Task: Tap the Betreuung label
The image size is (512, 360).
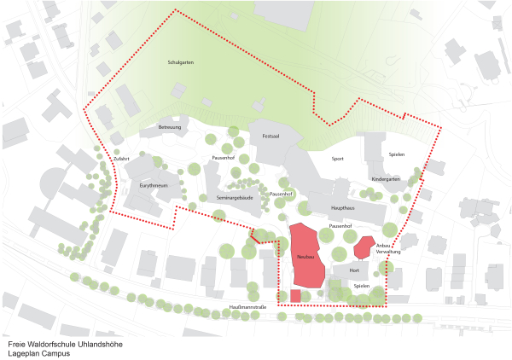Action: pyautogui.click(x=170, y=127)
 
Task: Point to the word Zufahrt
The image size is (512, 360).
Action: pyautogui.click(x=120, y=159)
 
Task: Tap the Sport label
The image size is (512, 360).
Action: pyautogui.click(x=338, y=159)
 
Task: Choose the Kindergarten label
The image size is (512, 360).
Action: pyautogui.click(x=386, y=179)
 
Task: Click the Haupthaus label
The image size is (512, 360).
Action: pyautogui.click(x=344, y=207)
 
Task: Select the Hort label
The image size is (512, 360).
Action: pyautogui.click(x=354, y=270)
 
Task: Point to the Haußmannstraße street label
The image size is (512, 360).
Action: pyautogui.click(x=248, y=307)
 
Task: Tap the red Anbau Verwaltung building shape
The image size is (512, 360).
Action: pyautogui.click(x=364, y=247)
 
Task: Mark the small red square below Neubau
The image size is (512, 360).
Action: pyautogui.click(x=295, y=295)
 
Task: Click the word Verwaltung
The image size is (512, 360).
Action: pyautogui.click(x=388, y=253)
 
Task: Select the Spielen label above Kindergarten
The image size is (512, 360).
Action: pyautogui.click(x=397, y=154)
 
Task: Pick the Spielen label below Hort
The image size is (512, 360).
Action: pyautogui.click(x=362, y=286)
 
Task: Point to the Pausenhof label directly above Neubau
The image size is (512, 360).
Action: pyautogui.click(x=340, y=226)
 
